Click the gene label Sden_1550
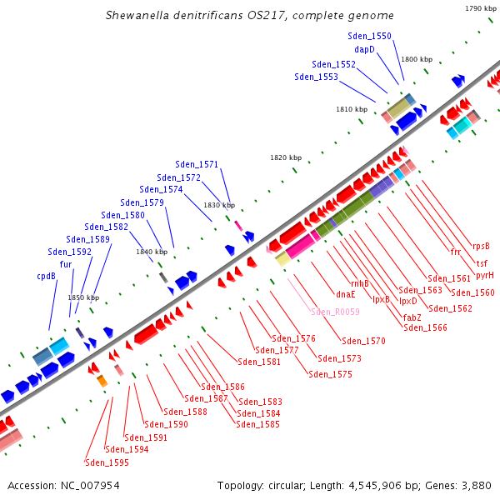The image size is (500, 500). (369, 36)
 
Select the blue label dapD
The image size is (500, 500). (364, 49)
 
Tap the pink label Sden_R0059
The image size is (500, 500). (335, 312)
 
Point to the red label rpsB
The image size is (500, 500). (481, 246)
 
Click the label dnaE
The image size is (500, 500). (346, 293)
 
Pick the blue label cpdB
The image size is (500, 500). (46, 276)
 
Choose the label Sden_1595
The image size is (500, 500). (107, 462)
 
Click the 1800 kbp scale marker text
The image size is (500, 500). (417, 60)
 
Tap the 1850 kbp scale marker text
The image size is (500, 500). (83, 297)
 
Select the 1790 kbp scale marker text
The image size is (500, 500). (480, 8)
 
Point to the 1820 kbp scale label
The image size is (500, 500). (286, 157)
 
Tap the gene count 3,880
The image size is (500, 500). (473, 485)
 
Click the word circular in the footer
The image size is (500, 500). (301, 485)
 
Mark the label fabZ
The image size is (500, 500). (412, 317)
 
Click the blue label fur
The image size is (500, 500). (65, 264)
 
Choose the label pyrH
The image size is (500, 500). (485, 275)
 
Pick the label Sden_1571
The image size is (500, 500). (197, 164)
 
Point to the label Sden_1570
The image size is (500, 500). (363, 341)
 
